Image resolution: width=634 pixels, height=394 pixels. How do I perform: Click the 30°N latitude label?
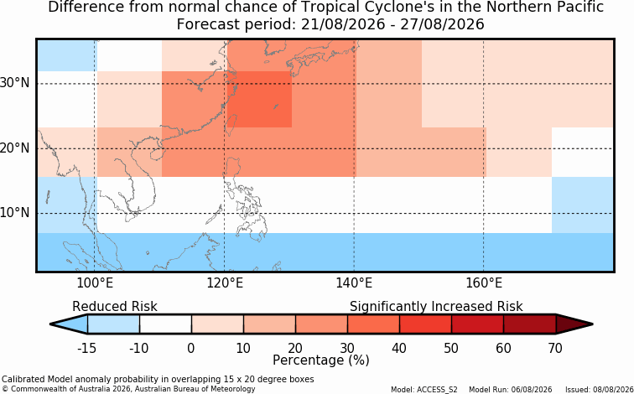(15, 83)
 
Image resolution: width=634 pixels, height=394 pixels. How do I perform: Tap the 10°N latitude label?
(15, 213)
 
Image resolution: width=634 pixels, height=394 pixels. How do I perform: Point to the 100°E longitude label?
(95, 283)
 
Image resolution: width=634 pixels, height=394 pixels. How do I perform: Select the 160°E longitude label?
(484, 283)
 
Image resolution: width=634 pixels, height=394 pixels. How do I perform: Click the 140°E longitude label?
(354, 283)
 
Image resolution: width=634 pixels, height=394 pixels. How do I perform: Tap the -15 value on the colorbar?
(86, 348)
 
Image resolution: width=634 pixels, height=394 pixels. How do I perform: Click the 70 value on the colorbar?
(555, 348)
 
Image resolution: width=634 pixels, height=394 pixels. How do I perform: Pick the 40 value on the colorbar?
(399, 348)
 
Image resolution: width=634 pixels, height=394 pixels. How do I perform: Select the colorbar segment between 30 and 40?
(373, 324)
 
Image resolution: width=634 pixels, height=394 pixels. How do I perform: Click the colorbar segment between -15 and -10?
(113, 324)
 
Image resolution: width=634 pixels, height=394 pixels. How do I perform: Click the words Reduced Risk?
(115, 306)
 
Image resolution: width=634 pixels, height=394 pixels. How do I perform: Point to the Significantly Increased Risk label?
(436, 307)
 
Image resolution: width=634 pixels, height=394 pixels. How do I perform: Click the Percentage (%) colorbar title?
(321, 360)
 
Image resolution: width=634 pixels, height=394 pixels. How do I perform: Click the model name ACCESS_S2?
(440, 390)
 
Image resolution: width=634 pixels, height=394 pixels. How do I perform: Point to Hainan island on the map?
(156, 154)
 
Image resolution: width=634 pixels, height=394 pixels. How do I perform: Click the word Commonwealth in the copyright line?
(29, 389)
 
